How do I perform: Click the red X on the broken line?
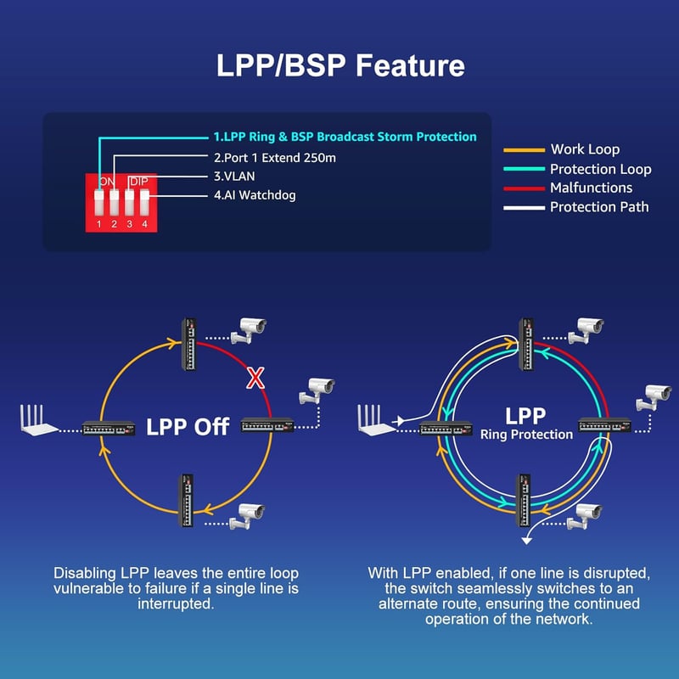point(255,378)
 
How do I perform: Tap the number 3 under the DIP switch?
point(130,224)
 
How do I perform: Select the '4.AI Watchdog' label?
point(255,195)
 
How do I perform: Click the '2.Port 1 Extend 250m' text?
point(275,158)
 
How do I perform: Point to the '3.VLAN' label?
point(234,177)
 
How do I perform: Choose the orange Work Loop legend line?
point(524,150)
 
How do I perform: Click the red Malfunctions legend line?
point(524,188)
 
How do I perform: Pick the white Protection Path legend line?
point(524,208)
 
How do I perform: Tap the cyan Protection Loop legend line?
point(524,169)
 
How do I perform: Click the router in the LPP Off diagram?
point(39,420)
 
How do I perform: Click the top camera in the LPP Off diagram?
point(249,331)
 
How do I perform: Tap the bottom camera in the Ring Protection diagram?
point(585,517)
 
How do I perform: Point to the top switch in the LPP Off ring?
point(188,345)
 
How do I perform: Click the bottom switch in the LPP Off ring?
point(187,501)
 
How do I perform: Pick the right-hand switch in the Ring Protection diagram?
point(605,425)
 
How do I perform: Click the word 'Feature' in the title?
point(410,66)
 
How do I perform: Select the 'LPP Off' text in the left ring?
point(188,427)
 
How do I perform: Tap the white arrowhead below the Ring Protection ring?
point(526,541)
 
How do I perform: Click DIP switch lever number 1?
point(99,203)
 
